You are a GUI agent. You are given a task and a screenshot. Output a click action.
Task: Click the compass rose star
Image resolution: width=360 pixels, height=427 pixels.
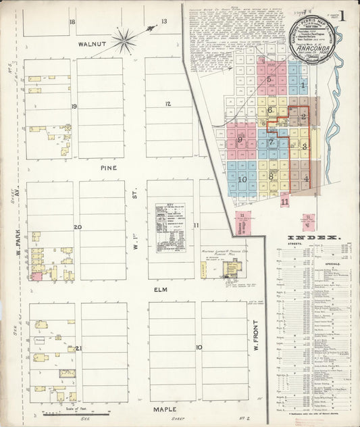point(125,41)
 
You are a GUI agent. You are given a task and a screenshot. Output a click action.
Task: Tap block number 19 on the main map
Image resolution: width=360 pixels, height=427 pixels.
point(74,106)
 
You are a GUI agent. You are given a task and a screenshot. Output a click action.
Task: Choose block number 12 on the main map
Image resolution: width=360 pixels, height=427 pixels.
point(168,103)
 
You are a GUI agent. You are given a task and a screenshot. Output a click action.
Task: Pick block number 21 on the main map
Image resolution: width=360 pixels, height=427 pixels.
point(78,349)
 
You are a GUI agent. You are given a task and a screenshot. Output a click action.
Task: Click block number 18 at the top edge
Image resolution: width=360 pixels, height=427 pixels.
point(72,22)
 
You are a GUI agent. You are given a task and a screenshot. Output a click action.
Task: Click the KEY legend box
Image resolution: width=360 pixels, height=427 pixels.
point(171,228)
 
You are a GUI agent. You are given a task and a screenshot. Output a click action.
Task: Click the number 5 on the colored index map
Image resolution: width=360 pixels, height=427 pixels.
point(269,79)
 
